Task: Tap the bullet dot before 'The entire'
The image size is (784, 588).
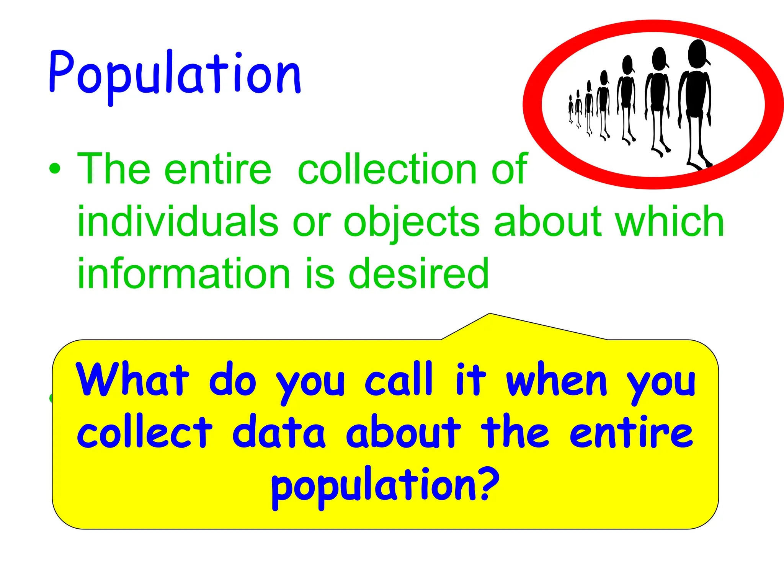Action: pos(55,169)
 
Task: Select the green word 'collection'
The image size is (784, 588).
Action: pos(387,168)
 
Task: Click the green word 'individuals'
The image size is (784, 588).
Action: pos(178,221)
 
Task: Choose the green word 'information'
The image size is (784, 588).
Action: pos(184,273)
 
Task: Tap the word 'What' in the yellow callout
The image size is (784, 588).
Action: pos(132,380)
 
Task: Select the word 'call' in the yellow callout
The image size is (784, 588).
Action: pos(399,380)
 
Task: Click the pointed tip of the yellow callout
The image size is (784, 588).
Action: pos(489,314)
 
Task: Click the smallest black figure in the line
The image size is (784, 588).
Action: pos(571,109)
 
